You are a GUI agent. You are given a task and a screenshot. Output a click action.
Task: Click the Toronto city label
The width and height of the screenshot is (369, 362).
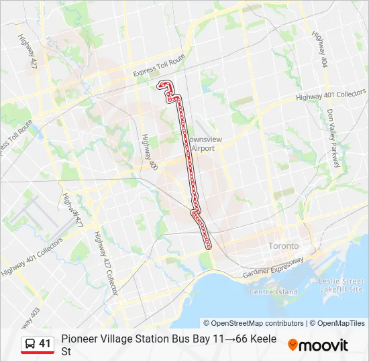(284, 246)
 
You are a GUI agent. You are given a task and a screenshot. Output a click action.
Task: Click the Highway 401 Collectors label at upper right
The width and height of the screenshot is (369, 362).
(331, 95)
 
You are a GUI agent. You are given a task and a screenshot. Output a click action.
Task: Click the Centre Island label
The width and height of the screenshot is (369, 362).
(273, 292)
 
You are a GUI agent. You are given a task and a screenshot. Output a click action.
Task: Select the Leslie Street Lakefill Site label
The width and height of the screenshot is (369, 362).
(341, 285)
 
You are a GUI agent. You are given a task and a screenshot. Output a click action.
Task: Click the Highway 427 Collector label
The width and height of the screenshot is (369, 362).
(107, 263)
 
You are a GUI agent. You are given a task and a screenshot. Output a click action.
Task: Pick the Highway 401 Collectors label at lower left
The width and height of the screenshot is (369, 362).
(32, 257)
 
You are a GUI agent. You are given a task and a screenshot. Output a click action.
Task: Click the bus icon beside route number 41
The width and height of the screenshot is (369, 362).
(30, 344)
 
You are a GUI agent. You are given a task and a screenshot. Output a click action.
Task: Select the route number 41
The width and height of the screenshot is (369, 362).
(45, 344)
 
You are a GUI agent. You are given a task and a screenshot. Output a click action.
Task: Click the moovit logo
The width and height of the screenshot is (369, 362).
(318, 345)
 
